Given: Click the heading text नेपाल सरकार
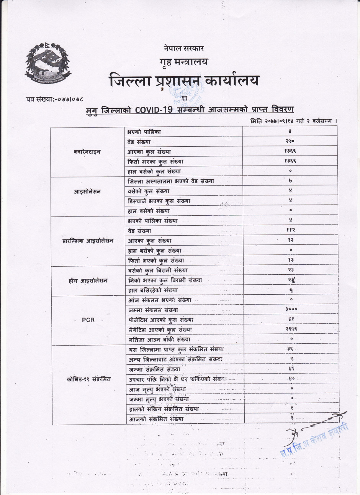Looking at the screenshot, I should pos(183,48).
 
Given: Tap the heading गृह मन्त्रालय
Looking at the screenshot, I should pos(183,61).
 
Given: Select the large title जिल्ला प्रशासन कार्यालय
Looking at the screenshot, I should pos(184,81).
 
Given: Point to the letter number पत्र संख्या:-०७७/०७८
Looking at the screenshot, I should pos(55,100).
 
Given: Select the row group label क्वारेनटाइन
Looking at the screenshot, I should pos(87,152).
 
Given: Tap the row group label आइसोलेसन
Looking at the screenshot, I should pos(87,192).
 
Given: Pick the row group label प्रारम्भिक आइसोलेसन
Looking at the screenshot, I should pos(88,241).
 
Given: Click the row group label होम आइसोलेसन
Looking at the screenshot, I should pos(88,281).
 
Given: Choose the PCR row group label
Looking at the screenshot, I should pos(88,320).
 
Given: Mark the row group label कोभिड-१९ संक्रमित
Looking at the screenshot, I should pos(88,379).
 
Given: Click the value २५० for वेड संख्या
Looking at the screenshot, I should pos(290,142).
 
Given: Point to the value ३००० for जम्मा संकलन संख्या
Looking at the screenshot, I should pos(291,309).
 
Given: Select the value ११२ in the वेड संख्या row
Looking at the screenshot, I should pos(290,230).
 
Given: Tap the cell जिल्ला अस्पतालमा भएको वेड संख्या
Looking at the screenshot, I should pos(171,181).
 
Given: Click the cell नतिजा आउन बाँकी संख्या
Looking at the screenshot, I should pos(159,339).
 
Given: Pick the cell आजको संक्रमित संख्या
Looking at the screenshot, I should pos(156,419).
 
